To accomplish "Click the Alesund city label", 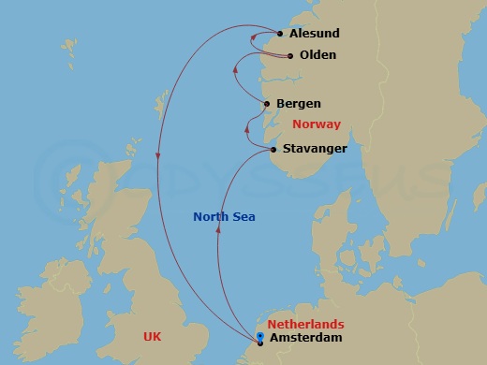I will point(315,34).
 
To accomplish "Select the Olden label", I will point(317,55).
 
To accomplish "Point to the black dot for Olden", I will point(290,56).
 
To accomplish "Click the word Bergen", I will point(299,104).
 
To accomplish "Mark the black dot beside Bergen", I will point(268,104).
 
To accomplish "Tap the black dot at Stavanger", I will point(273,150).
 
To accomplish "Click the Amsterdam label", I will point(304,338).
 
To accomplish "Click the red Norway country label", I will point(316,124).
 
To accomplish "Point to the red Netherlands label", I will point(305,324).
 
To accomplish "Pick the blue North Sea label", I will point(225,217).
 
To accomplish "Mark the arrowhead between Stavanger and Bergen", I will point(247,128).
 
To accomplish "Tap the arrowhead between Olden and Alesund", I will point(254,38).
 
